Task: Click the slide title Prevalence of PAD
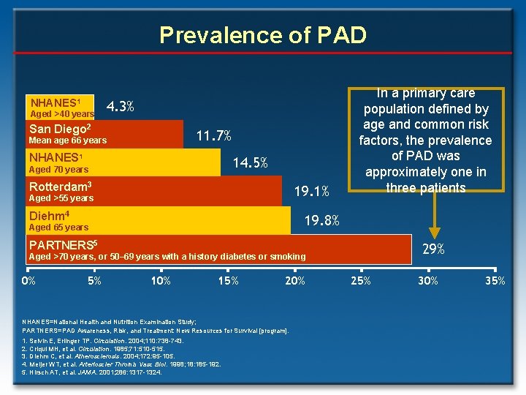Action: (x=262, y=34)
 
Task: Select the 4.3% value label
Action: (x=120, y=106)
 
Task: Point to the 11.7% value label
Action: (x=215, y=135)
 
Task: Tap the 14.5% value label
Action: (x=250, y=163)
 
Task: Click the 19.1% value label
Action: (x=312, y=192)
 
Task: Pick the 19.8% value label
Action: (x=321, y=220)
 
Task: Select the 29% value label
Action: (x=433, y=249)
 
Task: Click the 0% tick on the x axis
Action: (x=29, y=281)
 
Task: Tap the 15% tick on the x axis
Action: (x=228, y=281)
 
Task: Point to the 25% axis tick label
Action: (x=361, y=281)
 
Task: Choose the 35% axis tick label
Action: (x=495, y=281)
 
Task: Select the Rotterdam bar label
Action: (x=60, y=186)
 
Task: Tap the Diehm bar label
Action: (x=49, y=215)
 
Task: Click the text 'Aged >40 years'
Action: (x=61, y=114)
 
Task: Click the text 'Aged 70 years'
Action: (x=58, y=170)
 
